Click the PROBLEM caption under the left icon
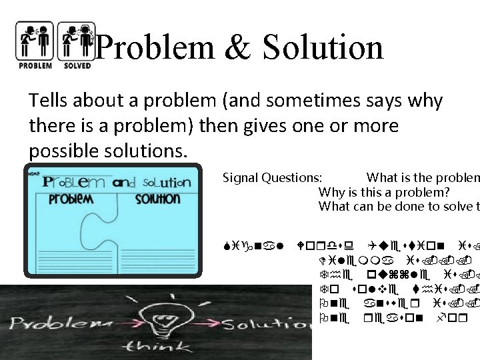click(x=35, y=65)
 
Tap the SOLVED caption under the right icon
click(x=76, y=65)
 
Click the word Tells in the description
click(x=46, y=101)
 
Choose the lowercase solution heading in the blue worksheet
click(x=158, y=199)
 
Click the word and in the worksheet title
click(x=124, y=182)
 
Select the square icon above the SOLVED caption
click(x=76, y=40)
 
